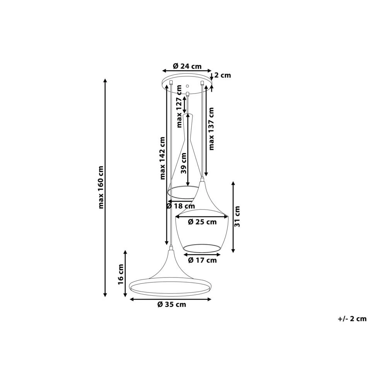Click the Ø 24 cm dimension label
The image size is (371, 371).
[187, 66]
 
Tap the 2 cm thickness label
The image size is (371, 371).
[223, 75]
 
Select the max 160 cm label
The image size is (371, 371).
[101, 187]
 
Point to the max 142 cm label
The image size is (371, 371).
[162, 158]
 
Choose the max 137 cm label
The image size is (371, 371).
[211, 129]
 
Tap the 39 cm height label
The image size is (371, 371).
[184, 163]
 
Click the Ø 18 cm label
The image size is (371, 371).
[180, 206]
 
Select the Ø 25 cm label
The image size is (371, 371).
[202, 222]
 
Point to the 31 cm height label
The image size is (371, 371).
[237, 216]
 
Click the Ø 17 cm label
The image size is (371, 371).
[202, 260]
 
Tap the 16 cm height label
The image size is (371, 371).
[121, 274]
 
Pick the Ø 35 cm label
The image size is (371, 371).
[172, 305]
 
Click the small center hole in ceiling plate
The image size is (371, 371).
[187, 86]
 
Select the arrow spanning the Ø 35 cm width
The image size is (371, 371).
[170, 299]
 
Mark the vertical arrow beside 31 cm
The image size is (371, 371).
[233, 217]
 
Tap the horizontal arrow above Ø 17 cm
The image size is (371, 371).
[202, 255]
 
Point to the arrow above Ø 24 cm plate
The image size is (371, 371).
[187, 70]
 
